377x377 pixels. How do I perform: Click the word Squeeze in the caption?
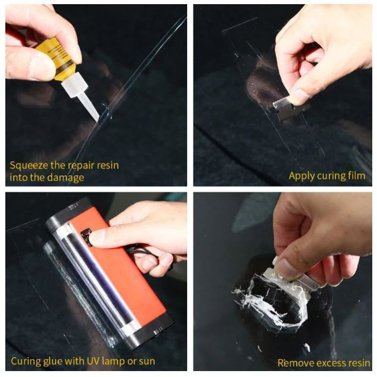pos(28,166)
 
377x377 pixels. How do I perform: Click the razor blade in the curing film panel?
pos(290,111)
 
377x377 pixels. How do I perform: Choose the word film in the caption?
pos(357,175)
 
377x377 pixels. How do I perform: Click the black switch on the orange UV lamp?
pos(86,237)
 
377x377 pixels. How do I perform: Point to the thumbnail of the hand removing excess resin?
pos(282,282)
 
